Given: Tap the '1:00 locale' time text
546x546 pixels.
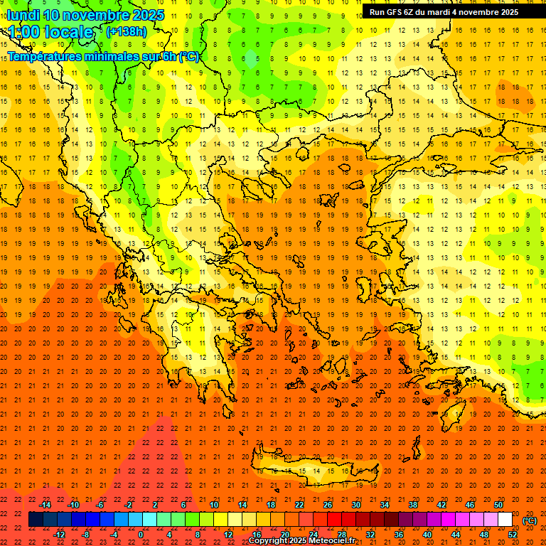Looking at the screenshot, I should (x=51, y=32).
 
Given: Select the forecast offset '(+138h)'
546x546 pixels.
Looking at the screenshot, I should (x=127, y=32).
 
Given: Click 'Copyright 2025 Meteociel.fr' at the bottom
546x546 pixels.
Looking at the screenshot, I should (x=301, y=541).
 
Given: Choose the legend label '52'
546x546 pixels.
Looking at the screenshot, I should (x=513, y=535).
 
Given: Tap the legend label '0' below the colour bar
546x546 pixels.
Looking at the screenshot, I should (x=140, y=535).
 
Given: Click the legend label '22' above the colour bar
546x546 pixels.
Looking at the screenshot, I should (x=299, y=505).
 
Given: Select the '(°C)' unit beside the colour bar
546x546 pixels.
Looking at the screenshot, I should (x=530, y=520).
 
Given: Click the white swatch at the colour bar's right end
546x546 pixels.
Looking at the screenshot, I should (x=505, y=520).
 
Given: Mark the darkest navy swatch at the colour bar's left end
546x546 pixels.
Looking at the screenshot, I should (x=36, y=520).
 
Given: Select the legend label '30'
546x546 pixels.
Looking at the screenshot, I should (x=355, y=505).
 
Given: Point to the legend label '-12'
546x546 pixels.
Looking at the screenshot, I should (x=59, y=535).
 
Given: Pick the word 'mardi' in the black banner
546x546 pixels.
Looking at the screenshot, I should (x=444, y=12).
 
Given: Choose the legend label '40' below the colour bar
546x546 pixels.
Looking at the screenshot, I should (x=427, y=535).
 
